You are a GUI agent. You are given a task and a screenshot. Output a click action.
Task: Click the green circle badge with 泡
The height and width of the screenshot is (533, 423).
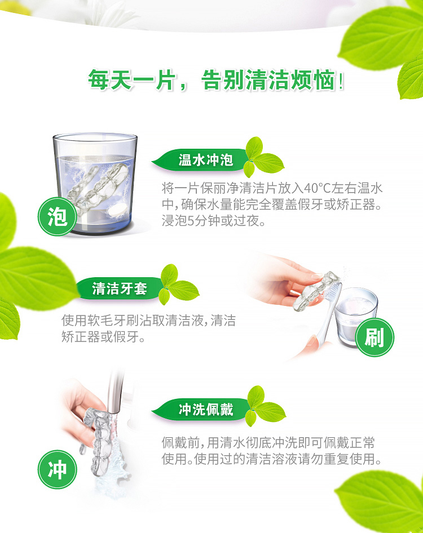tap(57, 216)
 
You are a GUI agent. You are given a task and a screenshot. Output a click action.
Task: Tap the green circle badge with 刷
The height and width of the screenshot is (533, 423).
tap(374, 337)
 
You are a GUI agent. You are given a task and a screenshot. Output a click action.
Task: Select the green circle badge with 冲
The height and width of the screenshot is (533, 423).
tap(57, 469)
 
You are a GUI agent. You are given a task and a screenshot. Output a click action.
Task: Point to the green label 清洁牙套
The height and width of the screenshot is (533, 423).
tap(119, 288)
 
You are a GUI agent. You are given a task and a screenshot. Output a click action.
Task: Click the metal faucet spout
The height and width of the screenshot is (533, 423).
tap(114, 391)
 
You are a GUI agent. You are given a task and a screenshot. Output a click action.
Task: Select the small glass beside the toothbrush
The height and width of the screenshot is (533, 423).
tap(356, 317)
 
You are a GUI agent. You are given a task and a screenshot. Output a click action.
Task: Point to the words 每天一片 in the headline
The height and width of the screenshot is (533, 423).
tap(133, 80)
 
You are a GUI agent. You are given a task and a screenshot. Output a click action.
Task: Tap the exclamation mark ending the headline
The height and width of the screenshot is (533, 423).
tap(341, 82)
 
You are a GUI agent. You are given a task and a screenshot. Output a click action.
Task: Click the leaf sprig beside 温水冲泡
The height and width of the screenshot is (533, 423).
tap(264, 157)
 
